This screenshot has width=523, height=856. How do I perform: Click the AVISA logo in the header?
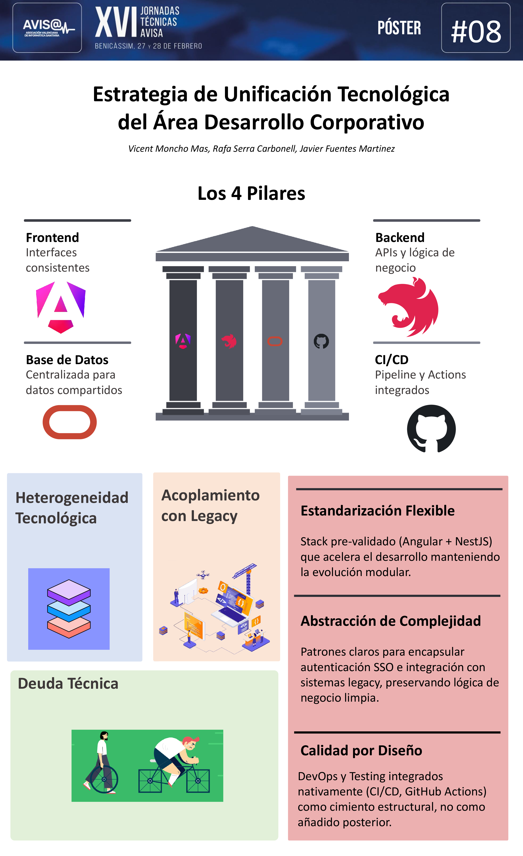[x=47, y=28]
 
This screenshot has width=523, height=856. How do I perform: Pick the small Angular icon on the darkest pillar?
[x=183, y=341]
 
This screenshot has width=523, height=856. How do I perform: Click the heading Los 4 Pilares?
[x=251, y=193]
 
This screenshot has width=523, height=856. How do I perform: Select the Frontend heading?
[x=52, y=238]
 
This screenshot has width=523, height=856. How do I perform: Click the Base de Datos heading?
[x=67, y=360]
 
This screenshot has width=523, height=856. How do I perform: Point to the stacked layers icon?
[x=69, y=609]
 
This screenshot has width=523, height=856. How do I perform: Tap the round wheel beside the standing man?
[x=104, y=779]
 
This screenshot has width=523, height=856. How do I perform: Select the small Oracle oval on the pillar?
[x=275, y=342]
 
